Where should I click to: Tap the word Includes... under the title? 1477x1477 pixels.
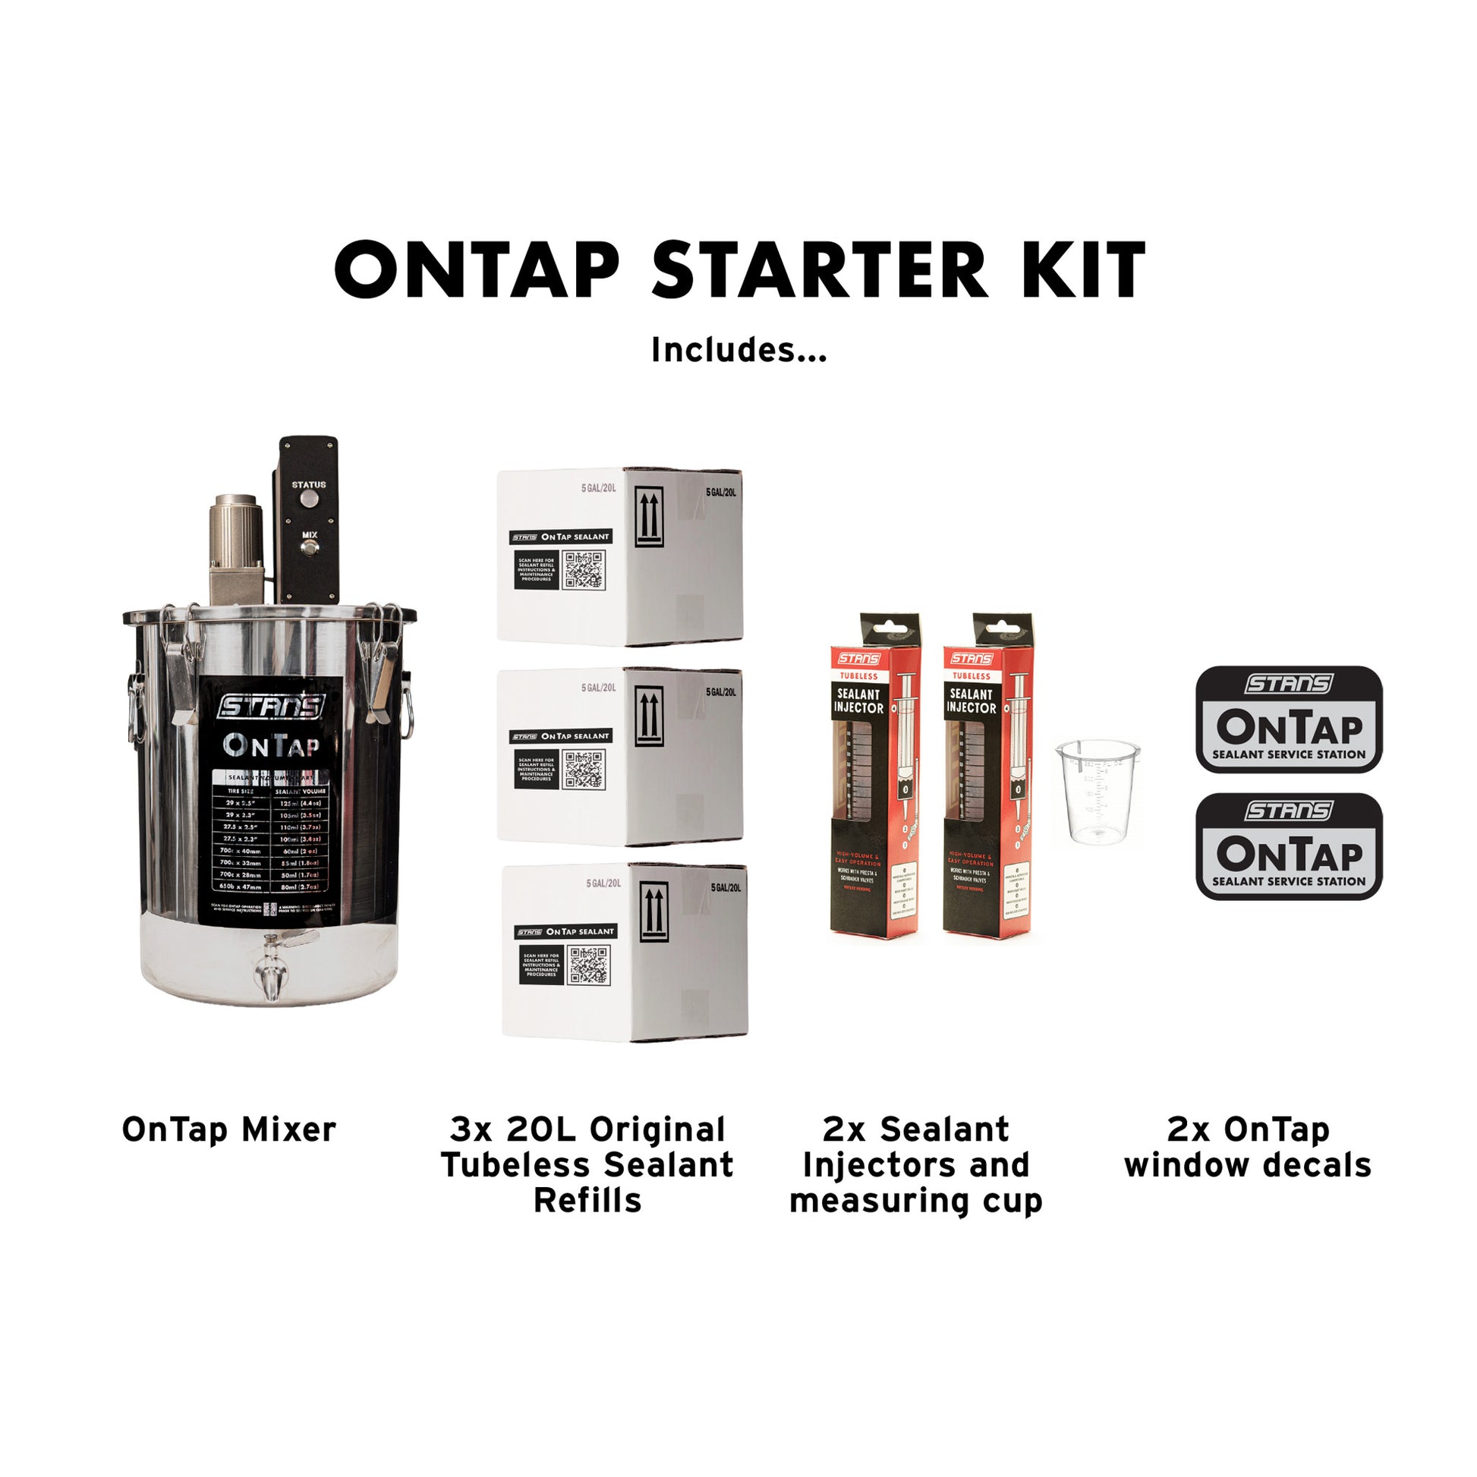(x=738, y=350)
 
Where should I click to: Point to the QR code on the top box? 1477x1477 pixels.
(x=584, y=569)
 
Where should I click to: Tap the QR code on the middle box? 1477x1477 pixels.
(x=584, y=769)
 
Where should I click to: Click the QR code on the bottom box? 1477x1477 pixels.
(x=589, y=965)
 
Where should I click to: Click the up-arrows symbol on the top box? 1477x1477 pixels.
(x=649, y=517)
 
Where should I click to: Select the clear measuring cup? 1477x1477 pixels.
(x=1098, y=791)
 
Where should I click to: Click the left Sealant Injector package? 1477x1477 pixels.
(x=874, y=775)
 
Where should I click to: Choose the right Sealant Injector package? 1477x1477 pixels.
(x=987, y=775)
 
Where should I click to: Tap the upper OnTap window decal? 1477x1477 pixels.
(x=1289, y=719)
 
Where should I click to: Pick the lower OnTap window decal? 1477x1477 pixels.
(x=1289, y=846)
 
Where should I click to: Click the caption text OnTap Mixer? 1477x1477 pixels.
(x=229, y=1130)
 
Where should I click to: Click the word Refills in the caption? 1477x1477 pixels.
(x=587, y=1200)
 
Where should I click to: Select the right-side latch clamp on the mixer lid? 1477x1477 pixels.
(x=382, y=662)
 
